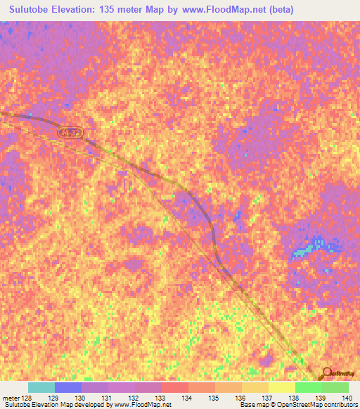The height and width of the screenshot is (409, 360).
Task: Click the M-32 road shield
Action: pos(67,131)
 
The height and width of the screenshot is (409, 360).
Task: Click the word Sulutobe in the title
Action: pos(33,10)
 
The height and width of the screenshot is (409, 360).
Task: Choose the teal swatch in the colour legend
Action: pos(41,387)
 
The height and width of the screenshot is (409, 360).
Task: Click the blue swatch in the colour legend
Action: pos(68,387)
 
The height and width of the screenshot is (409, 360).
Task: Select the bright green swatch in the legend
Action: pos(308,387)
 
